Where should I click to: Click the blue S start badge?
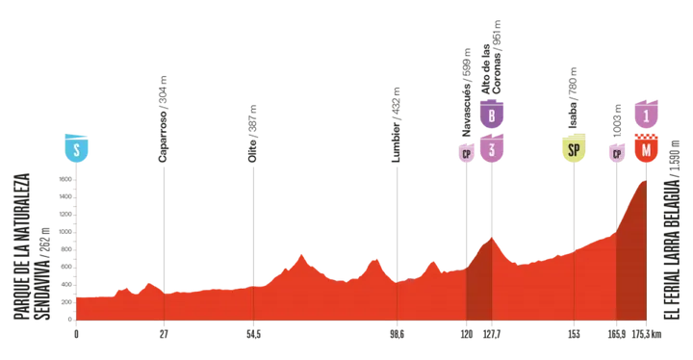point(76,148)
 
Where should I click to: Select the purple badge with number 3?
point(492,149)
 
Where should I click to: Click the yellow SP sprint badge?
point(574,149)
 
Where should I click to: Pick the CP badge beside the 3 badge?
point(466,152)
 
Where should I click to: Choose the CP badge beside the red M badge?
point(614,152)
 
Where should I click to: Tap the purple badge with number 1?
point(647,113)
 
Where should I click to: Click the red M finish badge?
point(647,149)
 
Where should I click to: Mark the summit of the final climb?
point(644,180)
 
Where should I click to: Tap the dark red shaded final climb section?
point(631,270)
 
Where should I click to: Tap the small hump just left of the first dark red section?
point(432,259)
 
